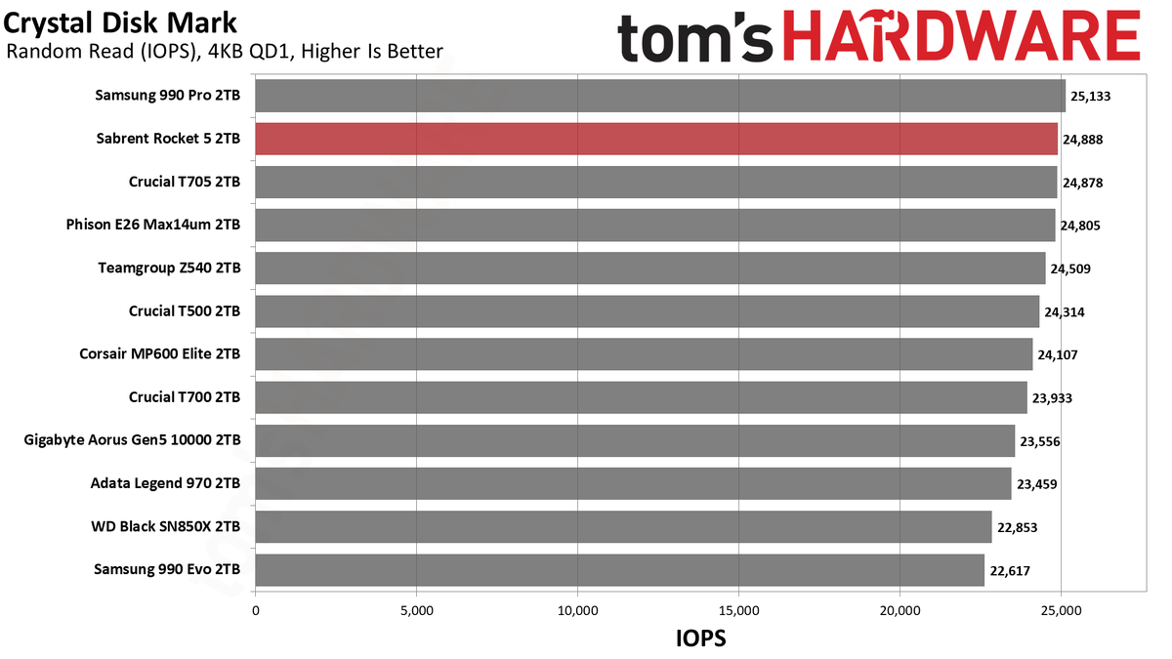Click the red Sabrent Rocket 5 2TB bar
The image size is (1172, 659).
click(656, 139)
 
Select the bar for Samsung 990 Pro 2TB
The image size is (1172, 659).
click(660, 96)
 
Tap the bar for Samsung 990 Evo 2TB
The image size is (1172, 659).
click(619, 570)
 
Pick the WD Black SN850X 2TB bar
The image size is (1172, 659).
click(623, 526)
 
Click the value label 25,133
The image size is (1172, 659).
click(1090, 97)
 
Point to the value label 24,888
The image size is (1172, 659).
click(1082, 140)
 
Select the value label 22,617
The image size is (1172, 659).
click(1010, 570)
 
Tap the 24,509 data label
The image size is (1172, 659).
click(1070, 268)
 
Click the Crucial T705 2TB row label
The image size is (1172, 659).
click(185, 182)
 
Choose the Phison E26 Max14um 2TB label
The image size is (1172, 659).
click(152, 225)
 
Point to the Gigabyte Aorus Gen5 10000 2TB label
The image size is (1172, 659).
click(132, 440)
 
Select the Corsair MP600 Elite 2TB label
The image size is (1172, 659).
click(159, 354)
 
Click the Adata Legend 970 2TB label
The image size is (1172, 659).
click(165, 482)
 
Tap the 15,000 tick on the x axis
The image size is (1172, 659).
click(738, 610)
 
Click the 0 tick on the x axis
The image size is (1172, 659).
click(255, 610)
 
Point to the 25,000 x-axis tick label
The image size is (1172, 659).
click(1061, 610)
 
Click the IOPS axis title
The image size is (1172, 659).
click(701, 638)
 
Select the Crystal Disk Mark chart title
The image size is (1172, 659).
click(120, 23)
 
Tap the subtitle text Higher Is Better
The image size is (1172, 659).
click(372, 51)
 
